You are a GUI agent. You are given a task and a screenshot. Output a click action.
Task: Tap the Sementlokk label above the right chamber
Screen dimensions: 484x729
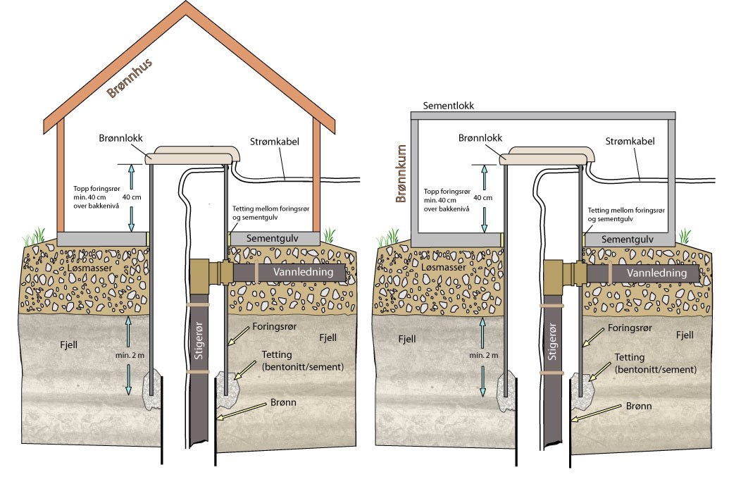[x=448, y=106]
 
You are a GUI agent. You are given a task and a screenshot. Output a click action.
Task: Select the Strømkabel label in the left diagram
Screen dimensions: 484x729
[x=275, y=142]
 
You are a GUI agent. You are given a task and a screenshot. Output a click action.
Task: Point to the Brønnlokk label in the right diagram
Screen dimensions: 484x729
[x=480, y=138]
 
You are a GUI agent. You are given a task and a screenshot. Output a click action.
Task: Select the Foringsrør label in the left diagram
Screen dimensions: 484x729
[x=275, y=328]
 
